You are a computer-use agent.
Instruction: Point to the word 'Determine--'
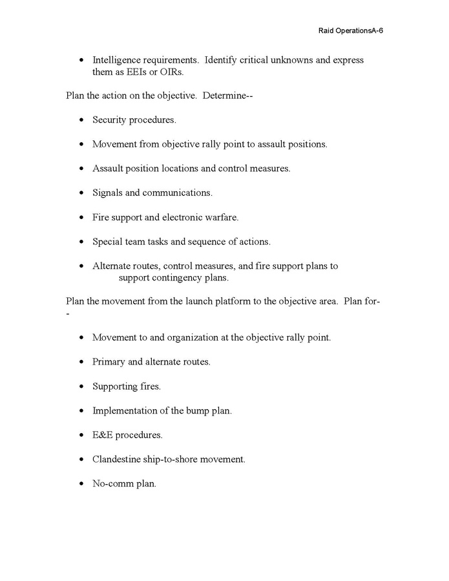224,96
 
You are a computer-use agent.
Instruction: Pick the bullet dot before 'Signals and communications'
81,193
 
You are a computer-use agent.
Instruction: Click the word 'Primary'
109,362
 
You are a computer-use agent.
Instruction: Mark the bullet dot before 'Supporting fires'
81,386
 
